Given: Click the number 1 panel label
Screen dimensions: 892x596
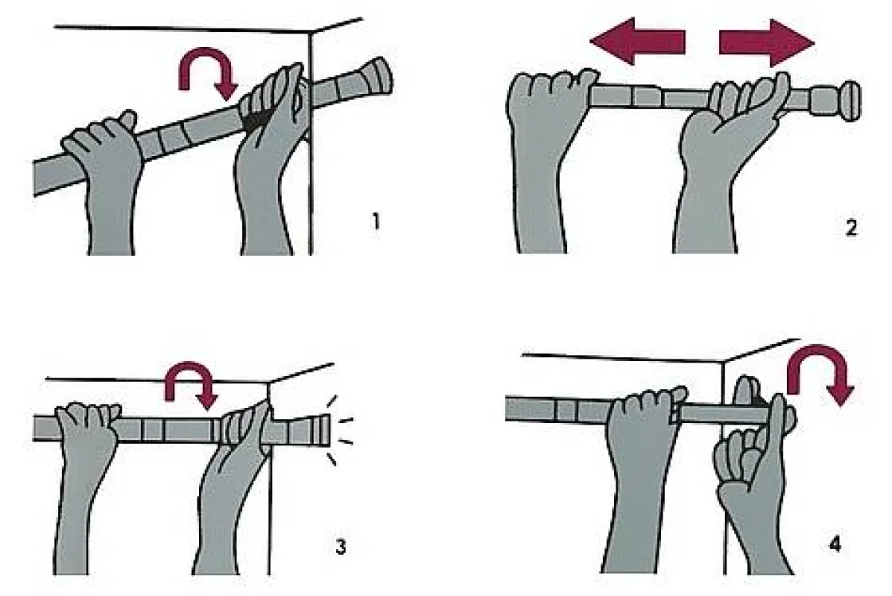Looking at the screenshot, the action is tap(375, 221).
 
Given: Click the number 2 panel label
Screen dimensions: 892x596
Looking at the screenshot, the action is tap(851, 228).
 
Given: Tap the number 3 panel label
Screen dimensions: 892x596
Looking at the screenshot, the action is tap(340, 547).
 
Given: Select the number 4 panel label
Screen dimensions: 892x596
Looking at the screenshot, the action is tap(835, 544).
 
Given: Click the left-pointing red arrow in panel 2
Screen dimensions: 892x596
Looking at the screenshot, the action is tap(637, 41).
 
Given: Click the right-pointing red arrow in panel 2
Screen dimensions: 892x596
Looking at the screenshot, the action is tap(767, 43).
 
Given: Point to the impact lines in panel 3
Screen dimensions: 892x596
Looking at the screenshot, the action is tap(340, 430).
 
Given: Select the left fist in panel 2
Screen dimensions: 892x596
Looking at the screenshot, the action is tap(543, 154).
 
